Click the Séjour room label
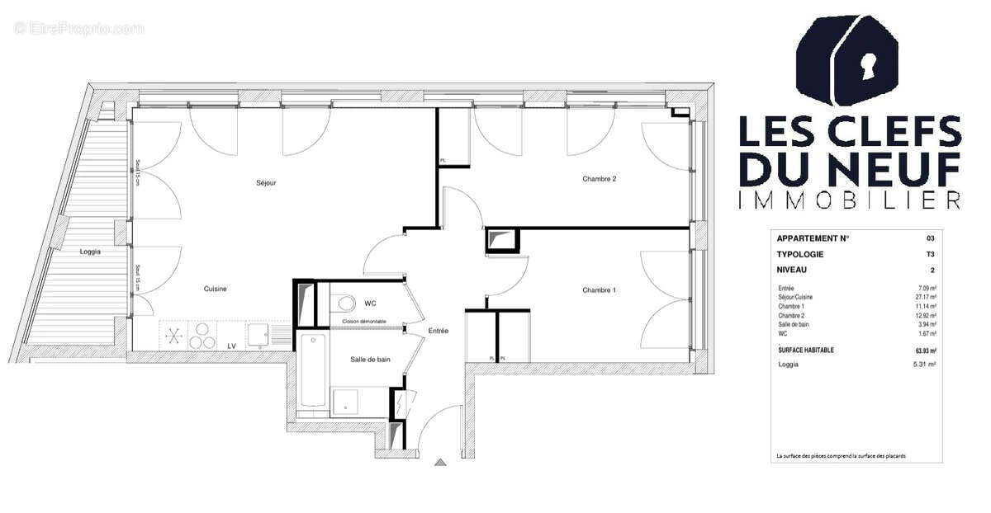click(266, 183)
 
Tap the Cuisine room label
click(216, 289)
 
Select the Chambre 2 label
click(600, 179)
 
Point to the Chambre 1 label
click(600, 289)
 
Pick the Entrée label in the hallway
click(438, 331)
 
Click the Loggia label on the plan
click(91, 252)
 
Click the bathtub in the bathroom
click(313, 370)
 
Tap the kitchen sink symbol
click(258, 335)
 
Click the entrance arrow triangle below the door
click(441, 463)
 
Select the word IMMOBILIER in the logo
click(849, 200)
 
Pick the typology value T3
click(931, 254)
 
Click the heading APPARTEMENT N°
click(813, 238)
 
